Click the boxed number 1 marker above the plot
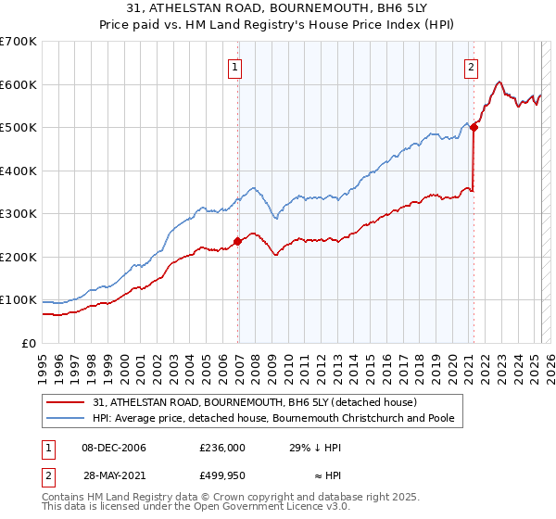click(x=236, y=67)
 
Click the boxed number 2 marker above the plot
click(x=472, y=67)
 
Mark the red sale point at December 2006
click(x=237, y=241)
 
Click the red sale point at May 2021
click(x=474, y=128)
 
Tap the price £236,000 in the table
click(x=222, y=448)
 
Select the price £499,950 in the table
click(x=222, y=475)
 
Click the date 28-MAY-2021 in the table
click(x=113, y=475)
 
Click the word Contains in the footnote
click(x=65, y=498)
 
